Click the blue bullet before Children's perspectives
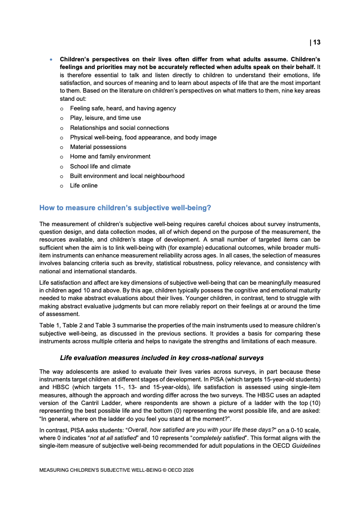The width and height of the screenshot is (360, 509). coord(51,60)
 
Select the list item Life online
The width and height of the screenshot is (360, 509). coord(84,185)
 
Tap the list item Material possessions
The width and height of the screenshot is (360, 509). coord(98,147)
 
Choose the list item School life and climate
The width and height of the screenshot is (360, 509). coord(100,166)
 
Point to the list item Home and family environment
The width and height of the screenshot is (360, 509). coord(110,157)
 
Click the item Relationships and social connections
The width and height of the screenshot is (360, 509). coord(119,128)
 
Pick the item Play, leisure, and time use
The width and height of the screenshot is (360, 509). coord(105,118)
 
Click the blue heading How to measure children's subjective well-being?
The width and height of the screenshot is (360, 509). coord(125,208)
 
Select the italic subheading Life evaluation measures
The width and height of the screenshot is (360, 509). coord(168,358)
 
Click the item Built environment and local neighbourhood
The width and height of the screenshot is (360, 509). coord(127,176)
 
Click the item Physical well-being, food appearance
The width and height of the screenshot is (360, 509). coord(143,138)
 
